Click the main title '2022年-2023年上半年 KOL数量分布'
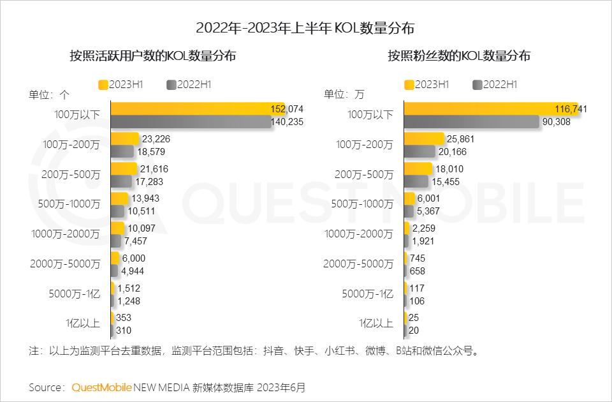305,28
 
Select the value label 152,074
287,109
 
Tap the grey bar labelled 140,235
191,122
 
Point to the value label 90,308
557,122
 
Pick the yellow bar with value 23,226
124,138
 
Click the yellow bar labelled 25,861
424,138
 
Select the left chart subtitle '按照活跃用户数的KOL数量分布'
153,56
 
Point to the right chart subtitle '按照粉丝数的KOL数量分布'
459,56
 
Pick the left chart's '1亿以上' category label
84,323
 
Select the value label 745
418,258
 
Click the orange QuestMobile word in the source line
102,387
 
